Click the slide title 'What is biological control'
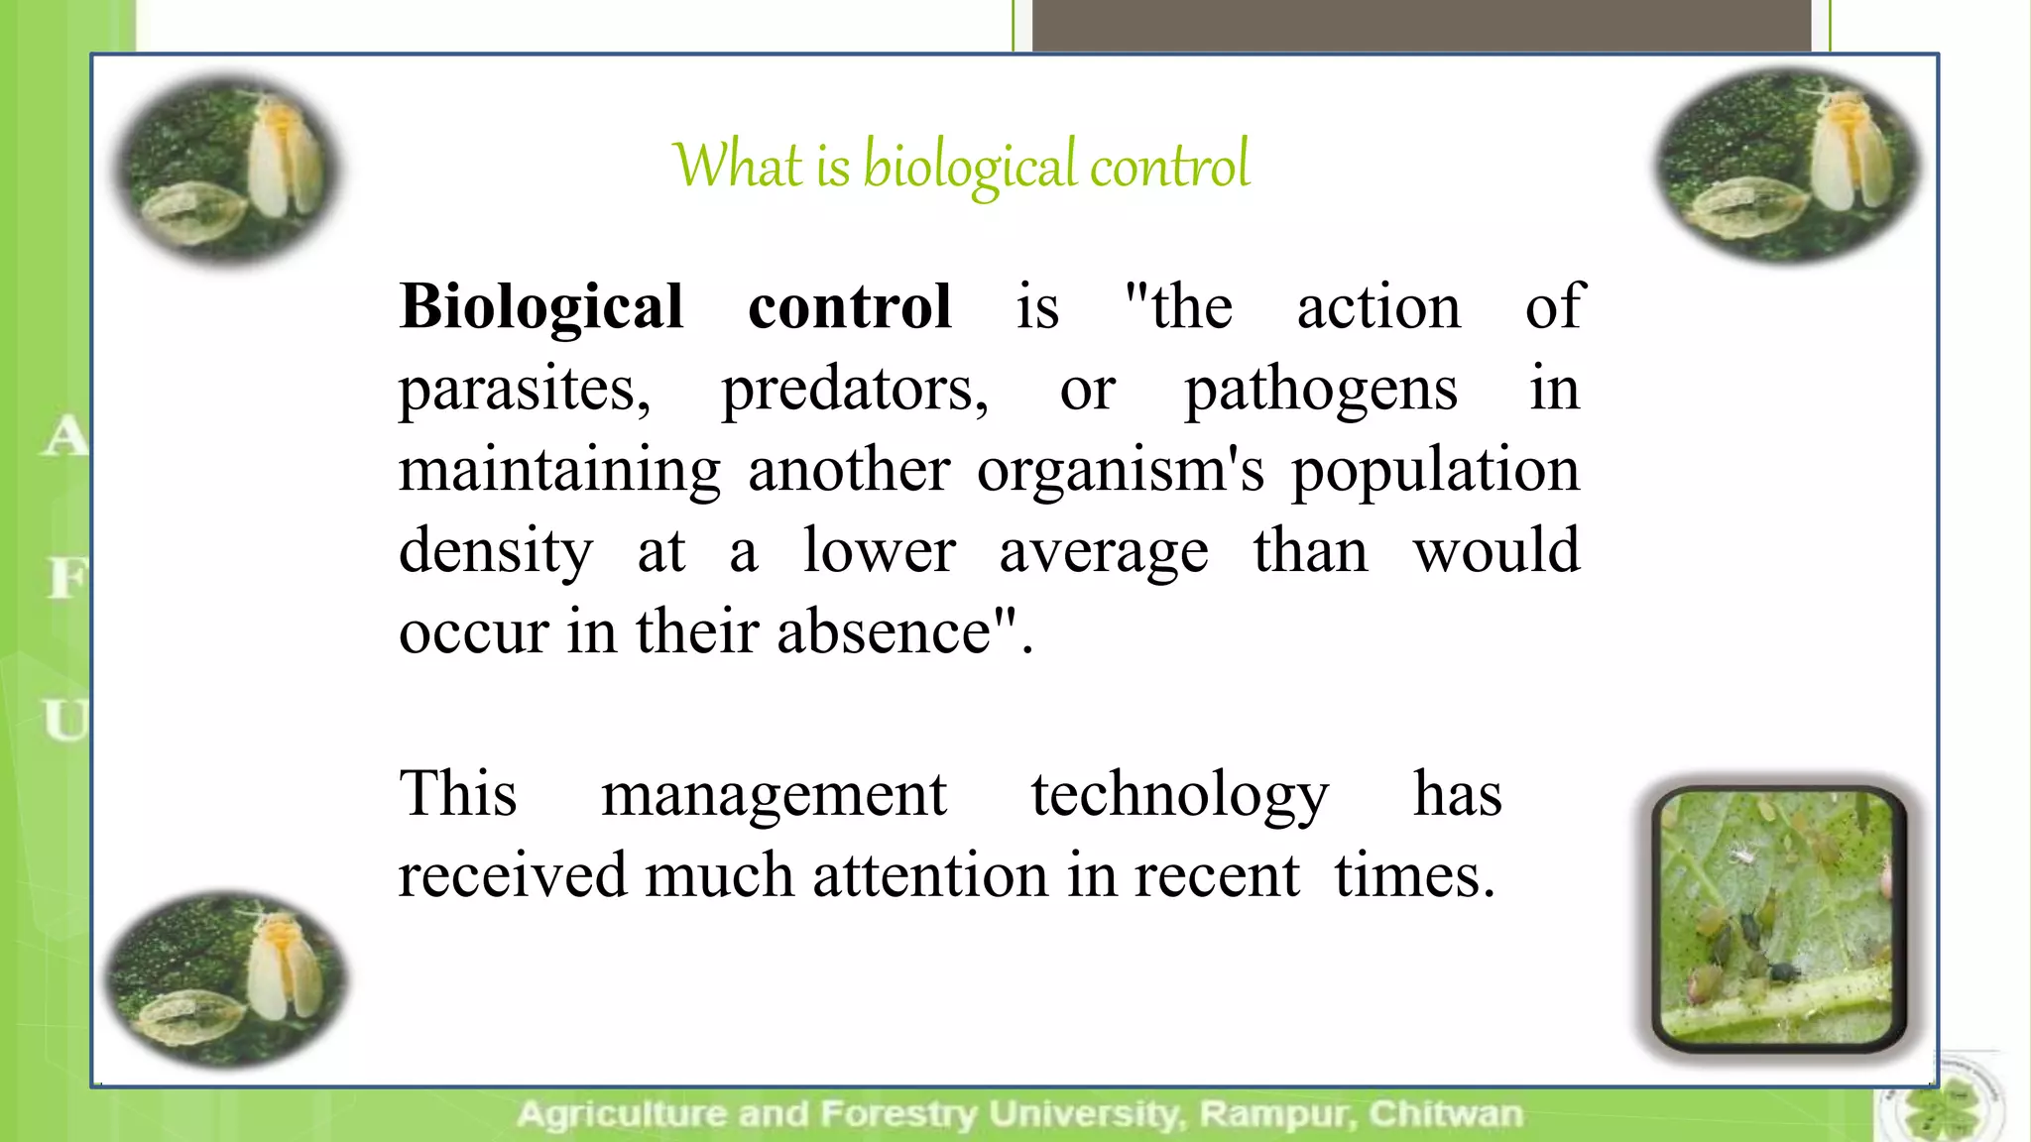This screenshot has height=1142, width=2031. [x=960, y=166]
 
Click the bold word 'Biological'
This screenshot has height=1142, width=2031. [x=541, y=306]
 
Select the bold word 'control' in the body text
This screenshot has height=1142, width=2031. [x=849, y=306]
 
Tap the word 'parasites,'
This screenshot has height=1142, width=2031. [x=525, y=390]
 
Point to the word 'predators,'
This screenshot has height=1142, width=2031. [x=855, y=390]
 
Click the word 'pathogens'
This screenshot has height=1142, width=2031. [x=1321, y=390]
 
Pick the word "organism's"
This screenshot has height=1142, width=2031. [x=1121, y=471]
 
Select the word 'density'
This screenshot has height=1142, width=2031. [x=496, y=552]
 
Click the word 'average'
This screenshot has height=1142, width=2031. [x=1104, y=552]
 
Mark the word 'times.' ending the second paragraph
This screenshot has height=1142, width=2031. [x=1414, y=876]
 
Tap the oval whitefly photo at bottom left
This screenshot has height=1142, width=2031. [x=226, y=979]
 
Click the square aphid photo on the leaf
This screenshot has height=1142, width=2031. [x=1778, y=917]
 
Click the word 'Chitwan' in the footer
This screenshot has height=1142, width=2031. [x=1445, y=1114]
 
